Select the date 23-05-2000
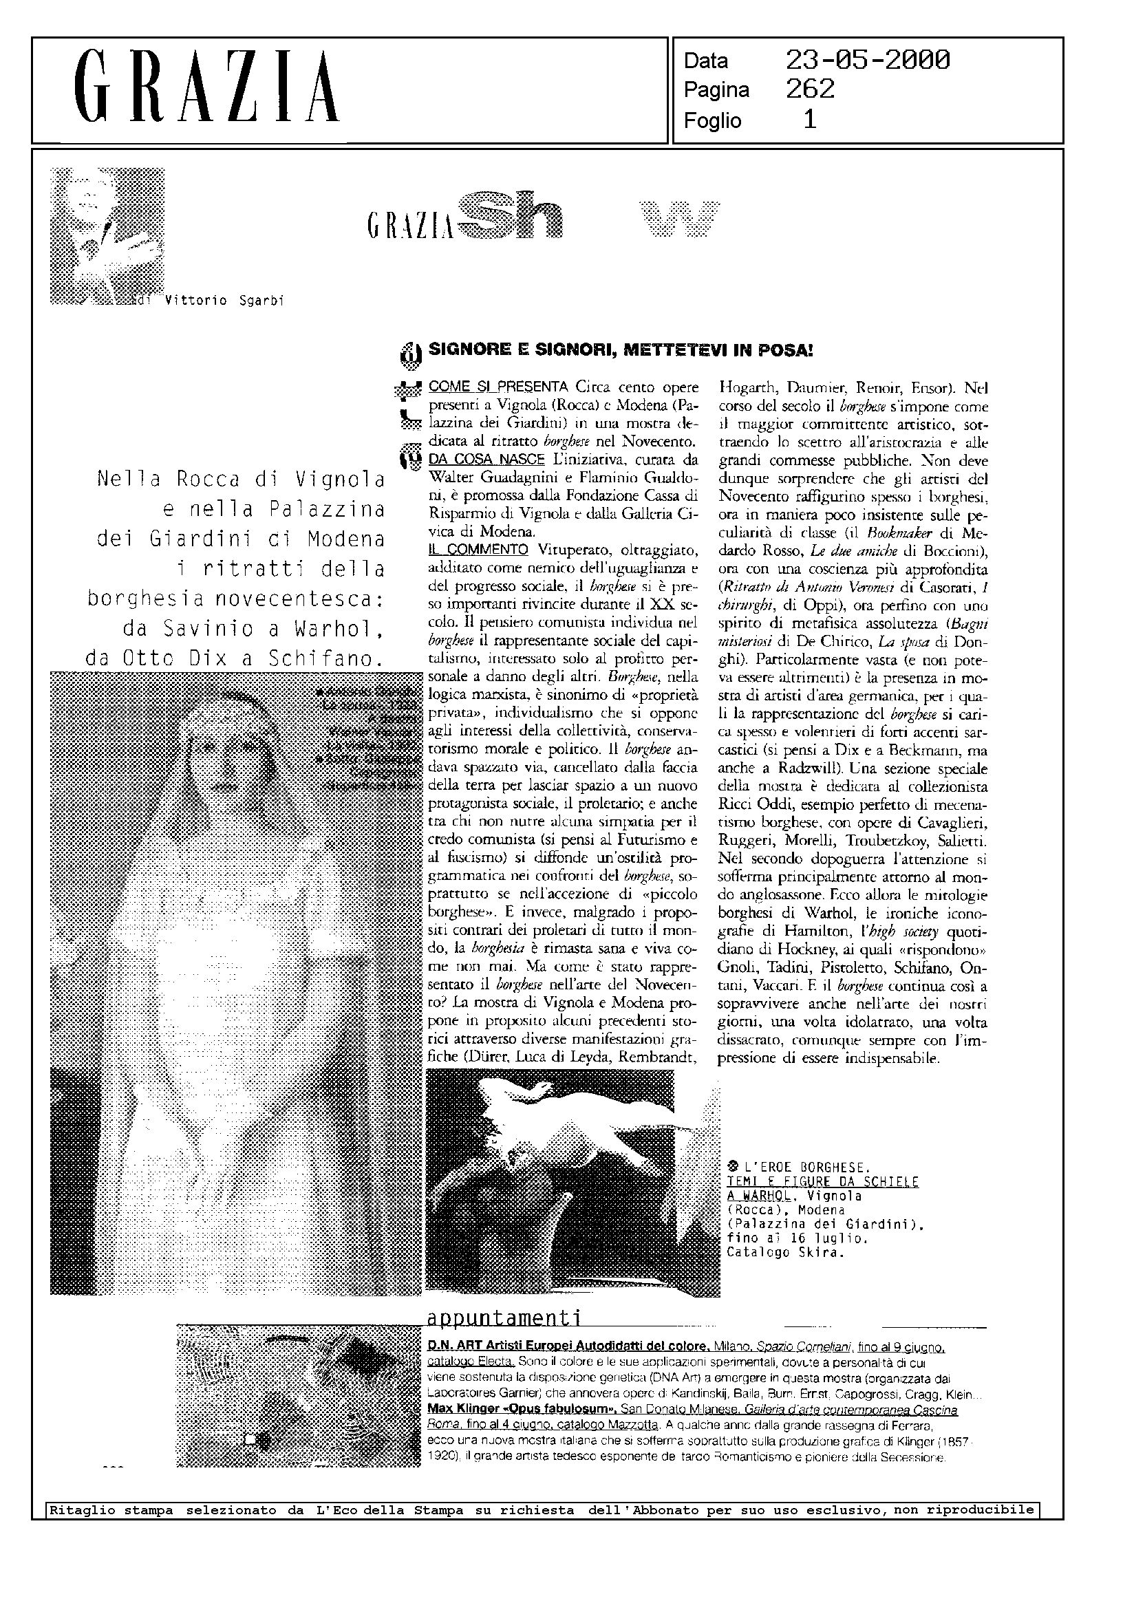click(867, 61)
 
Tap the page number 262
click(810, 89)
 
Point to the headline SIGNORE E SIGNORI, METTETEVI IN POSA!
click(621, 349)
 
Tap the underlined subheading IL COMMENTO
click(478, 549)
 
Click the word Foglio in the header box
click(712, 120)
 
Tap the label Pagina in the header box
click(716, 90)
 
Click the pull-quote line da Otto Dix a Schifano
click(236, 658)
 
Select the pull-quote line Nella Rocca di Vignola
click(240, 480)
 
